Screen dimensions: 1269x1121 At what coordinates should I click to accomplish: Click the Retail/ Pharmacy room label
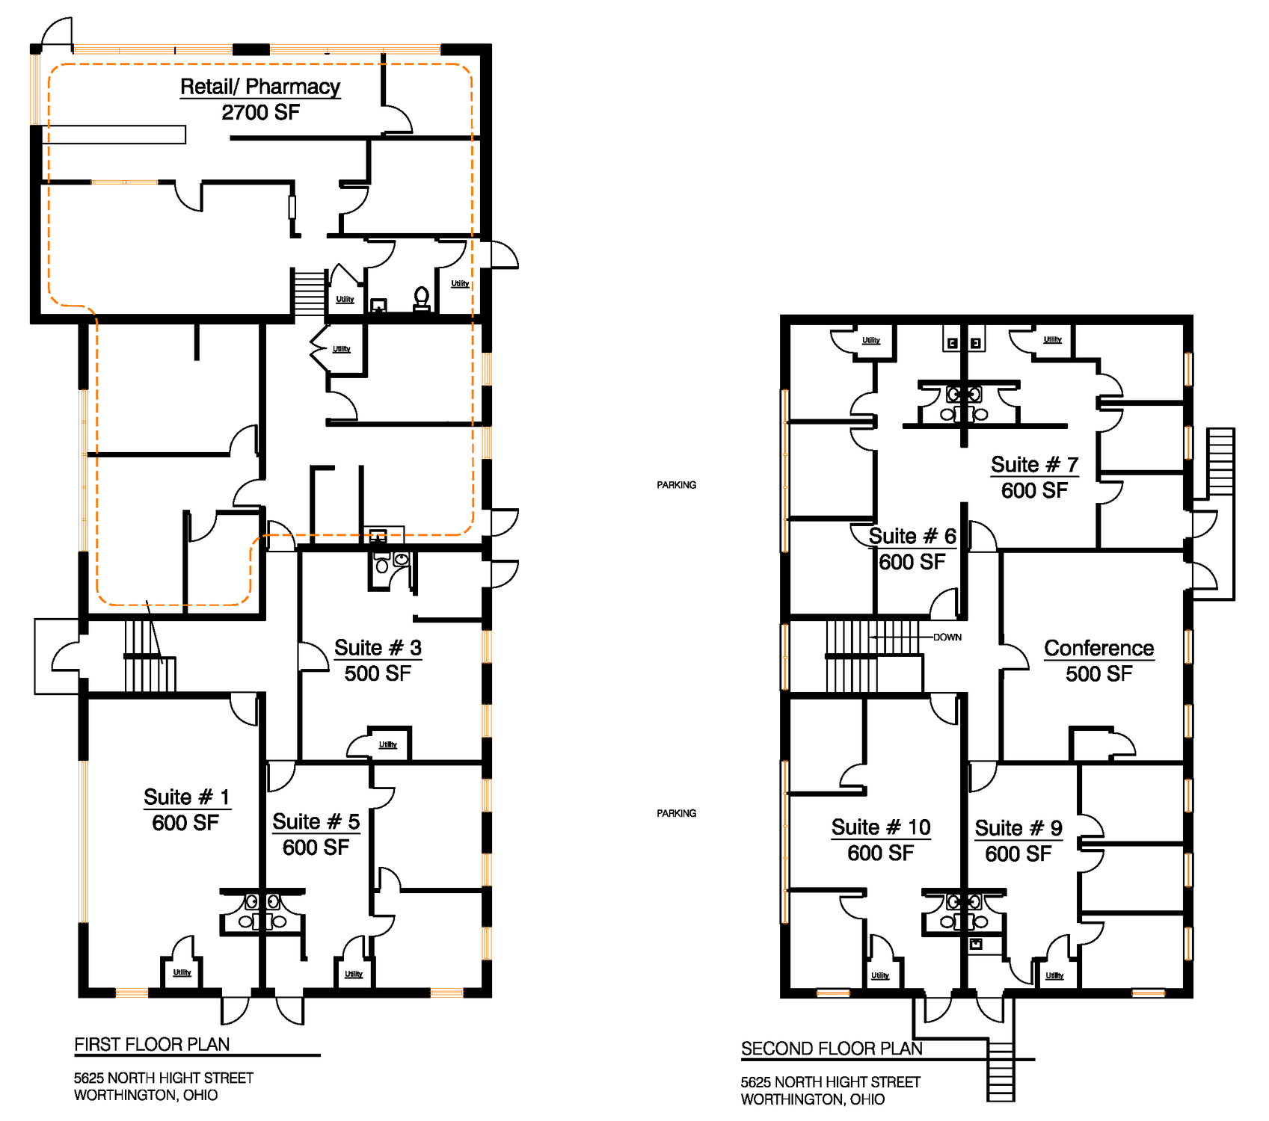[260, 87]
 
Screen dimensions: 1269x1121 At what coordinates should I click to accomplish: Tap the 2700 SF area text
[260, 113]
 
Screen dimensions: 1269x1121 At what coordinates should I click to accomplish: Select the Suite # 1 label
[187, 797]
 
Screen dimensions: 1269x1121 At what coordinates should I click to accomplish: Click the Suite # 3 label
[378, 647]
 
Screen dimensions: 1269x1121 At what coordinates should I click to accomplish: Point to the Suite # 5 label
[316, 821]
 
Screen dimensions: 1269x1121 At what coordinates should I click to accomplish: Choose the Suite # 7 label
[1034, 464]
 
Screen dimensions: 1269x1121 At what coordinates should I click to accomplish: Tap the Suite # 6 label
[912, 536]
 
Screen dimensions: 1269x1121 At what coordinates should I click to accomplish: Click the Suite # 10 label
[881, 827]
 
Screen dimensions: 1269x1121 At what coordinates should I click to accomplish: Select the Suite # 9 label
[1018, 828]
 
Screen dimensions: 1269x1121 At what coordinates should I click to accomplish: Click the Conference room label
[1099, 648]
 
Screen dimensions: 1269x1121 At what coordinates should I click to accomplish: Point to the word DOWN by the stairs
[947, 637]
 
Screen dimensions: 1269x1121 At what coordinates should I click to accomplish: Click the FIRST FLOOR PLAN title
[152, 1044]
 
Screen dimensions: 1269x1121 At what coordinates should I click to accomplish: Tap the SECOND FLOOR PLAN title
[832, 1049]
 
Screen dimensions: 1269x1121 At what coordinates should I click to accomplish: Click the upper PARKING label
[676, 485]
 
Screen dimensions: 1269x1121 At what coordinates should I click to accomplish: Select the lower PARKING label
[676, 813]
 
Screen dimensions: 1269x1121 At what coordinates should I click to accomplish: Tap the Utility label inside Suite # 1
[182, 972]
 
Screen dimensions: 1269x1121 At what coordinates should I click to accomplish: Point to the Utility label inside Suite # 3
[387, 744]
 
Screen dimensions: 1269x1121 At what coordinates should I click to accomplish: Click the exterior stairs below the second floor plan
[1001, 1070]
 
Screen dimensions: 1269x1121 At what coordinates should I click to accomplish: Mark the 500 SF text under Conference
[1099, 674]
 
